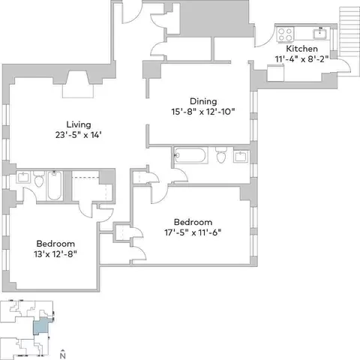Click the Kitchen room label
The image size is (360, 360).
pyautogui.click(x=301, y=49)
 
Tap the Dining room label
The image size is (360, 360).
pyautogui.click(x=203, y=101)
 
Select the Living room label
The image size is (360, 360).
pyautogui.click(x=79, y=124)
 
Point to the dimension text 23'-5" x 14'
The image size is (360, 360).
pyautogui.click(x=79, y=135)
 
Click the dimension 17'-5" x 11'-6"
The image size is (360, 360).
pyautogui.click(x=193, y=232)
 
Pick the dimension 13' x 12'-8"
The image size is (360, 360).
pyautogui.click(x=55, y=254)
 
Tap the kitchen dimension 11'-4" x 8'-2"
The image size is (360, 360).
pyautogui.click(x=301, y=59)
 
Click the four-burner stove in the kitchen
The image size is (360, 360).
pyautogui.click(x=285, y=34)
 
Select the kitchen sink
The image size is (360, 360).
pyautogui.click(x=321, y=34)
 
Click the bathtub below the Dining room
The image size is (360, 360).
pyautogui.click(x=190, y=155)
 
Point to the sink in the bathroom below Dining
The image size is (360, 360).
pyautogui.click(x=241, y=157)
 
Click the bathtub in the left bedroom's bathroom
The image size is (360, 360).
pyautogui.click(x=55, y=185)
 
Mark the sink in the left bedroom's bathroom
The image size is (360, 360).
pyautogui.click(x=23, y=177)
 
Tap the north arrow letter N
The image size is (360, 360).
pyautogui.click(x=63, y=355)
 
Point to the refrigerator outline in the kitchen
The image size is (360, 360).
pyautogui.click(x=275, y=73)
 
